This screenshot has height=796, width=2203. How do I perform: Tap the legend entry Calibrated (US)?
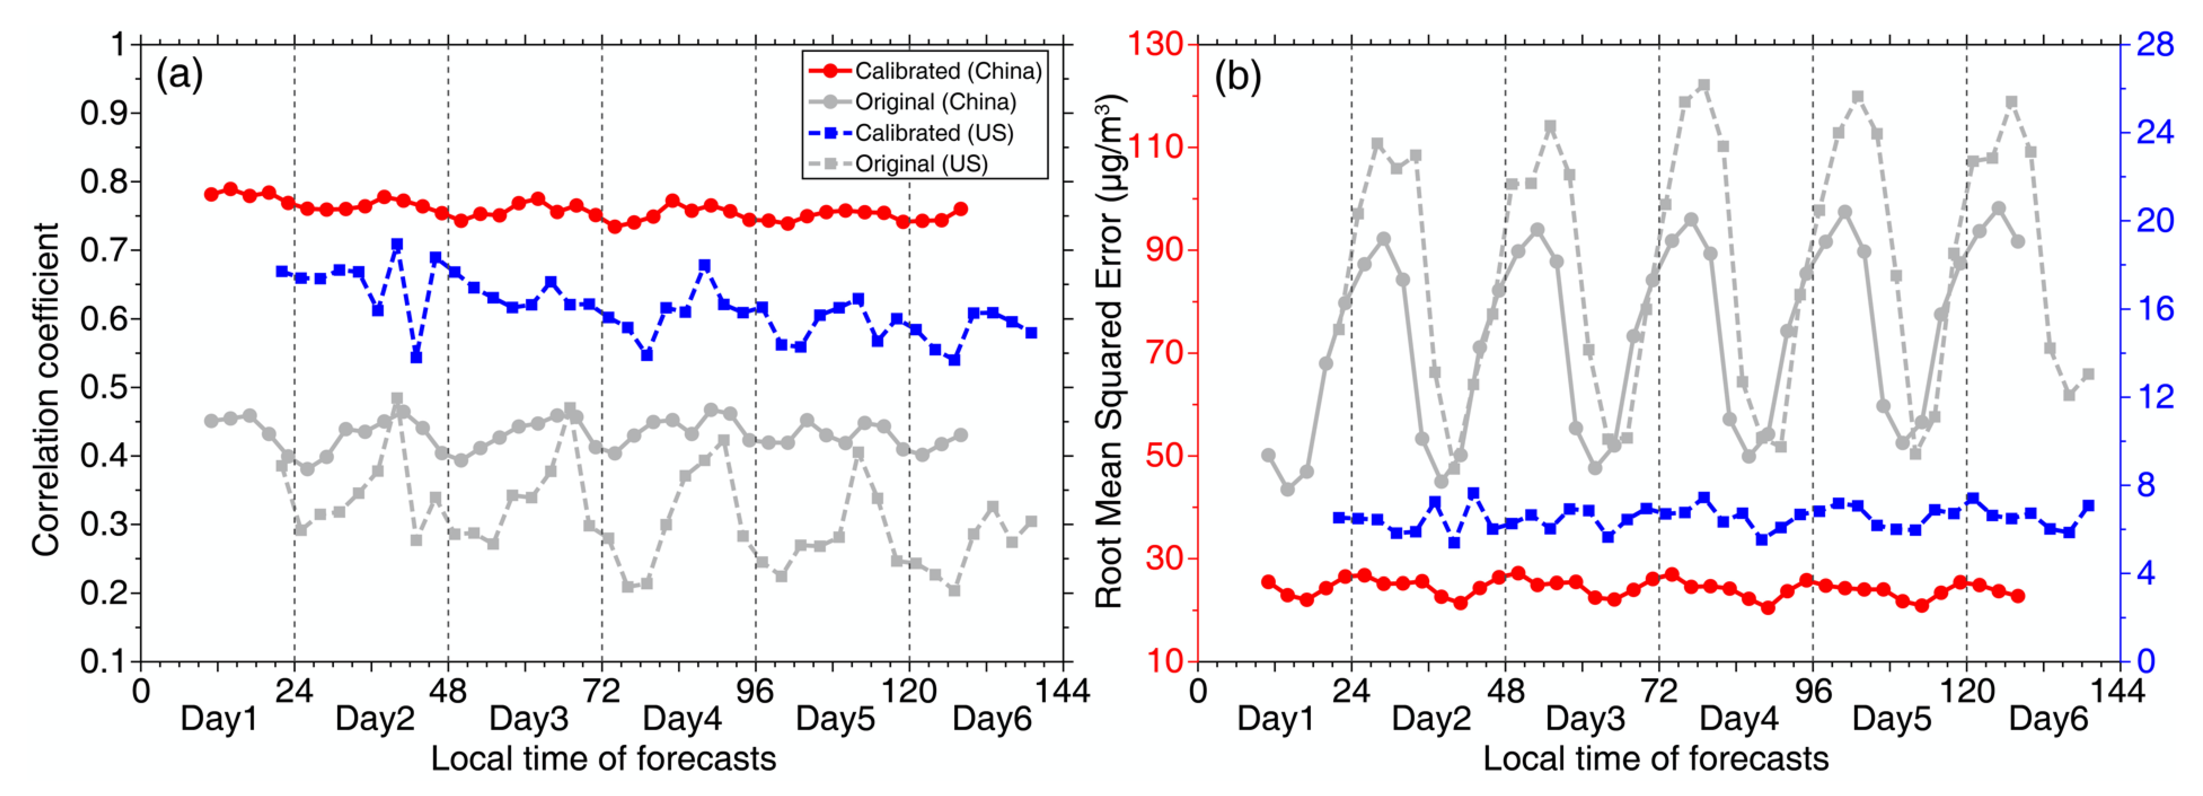[911, 132]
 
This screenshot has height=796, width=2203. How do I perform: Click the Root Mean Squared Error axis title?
[1110, 351]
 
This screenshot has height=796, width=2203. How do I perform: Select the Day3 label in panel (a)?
[528, 719]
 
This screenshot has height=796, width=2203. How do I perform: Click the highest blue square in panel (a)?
[397, 244]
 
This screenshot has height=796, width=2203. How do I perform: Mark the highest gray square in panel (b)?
[1703, 86]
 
